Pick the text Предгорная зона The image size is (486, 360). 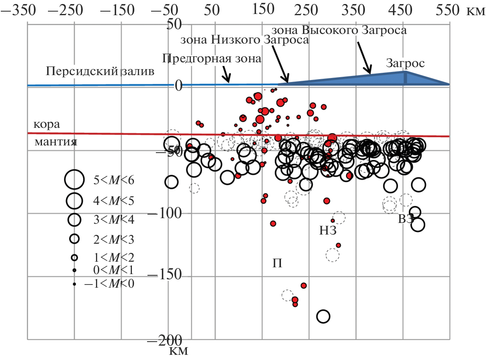(x=212, y=59)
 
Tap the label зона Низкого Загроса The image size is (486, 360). (x=245, y=40)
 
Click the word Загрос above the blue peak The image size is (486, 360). (x=405, y=63)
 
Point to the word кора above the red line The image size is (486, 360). (x=46, y=124)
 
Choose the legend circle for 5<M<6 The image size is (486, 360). (x=74, y=179)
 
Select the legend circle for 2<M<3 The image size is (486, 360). (x=75, y=239)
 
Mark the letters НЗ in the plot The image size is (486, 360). (x=328, y=231)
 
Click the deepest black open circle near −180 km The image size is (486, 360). (x=323, y=316)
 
